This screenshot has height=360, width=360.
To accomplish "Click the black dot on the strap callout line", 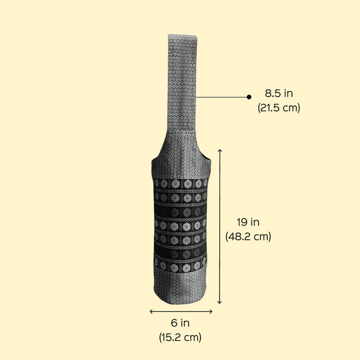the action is click(x=249, y=97).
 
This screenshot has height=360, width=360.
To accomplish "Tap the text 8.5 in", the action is click(x=279, y=93).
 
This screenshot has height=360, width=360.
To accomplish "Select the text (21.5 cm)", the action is click(x=279, y=107).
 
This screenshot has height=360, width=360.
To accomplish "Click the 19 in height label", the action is click(x=248, y=222).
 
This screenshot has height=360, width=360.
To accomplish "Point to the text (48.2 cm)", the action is click(x=248, y=236).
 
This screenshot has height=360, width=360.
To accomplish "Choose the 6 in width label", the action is click(x=180, y=323).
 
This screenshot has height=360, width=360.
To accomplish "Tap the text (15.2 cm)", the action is click(x=180, y=337).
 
